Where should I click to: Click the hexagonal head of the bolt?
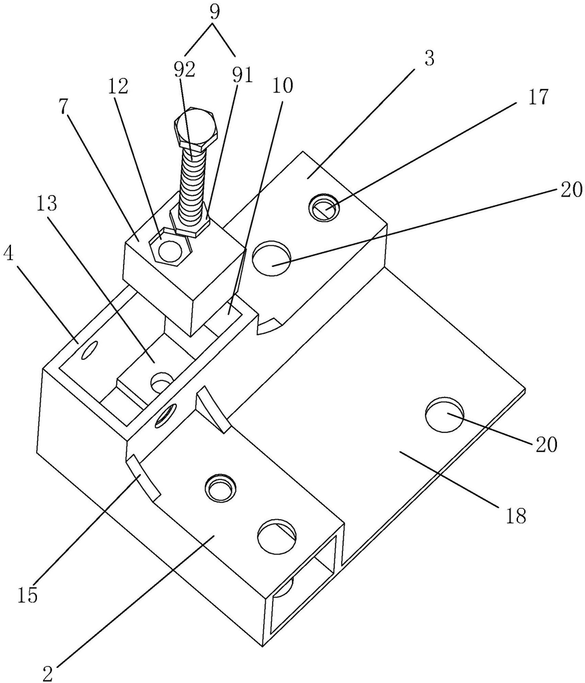[195, 128]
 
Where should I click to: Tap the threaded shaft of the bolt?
[192, 183]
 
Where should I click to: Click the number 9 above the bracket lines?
[214, 12]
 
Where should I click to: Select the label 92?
[185, 70]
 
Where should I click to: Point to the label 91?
[243, 75]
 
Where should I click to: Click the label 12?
[118, 87]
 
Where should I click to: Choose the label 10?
[282, 85]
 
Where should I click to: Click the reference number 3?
[429, 58]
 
